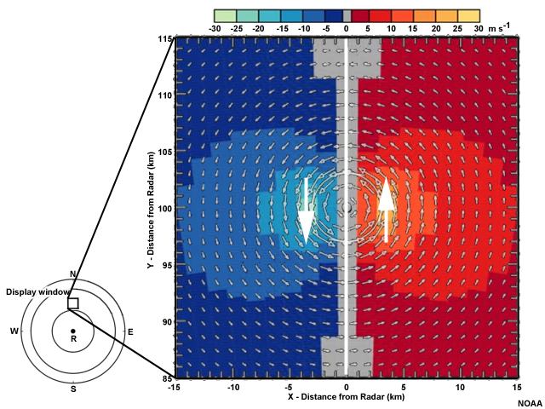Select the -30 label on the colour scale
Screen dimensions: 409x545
pyautogui.click(x=215, y=28)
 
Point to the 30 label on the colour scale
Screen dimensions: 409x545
pyautogui.click(x=479, y=28)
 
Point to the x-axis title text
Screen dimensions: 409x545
pyautogui.click(x=346, y=398)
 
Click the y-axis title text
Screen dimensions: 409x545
pyautogui.click(x=150, y=209)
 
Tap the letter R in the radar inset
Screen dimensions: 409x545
pyautogui.click(x=73, y=339)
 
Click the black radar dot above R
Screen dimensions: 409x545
pyautogui.click(x=73, y=331)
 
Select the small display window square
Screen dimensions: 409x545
pyautogui.click(x=73, y=302)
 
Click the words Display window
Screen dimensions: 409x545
pyautogui.click(x=33, y=291)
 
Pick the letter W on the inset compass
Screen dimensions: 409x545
pyautogui.click(x=14, y=331)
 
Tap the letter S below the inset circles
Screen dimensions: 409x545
pyautogui.click(x=73, y=389)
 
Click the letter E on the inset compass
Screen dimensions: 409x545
pyautogui.click(x=129, y=331)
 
